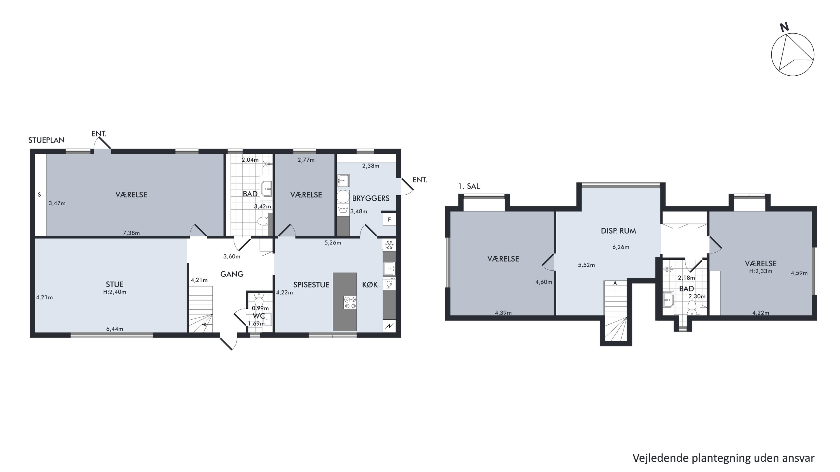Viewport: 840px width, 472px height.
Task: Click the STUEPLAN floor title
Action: pyautogui.click(x=46, y=140)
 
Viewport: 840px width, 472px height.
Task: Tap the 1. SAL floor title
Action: pyautogui.click(x=469, y=187)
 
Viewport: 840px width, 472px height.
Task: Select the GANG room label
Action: pyautogui.click(x=232, y=274)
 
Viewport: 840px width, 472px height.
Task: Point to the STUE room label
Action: pyautogui.click(x=115, y=284)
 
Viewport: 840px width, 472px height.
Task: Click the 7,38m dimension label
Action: pyautogui.click(x=131, y=233)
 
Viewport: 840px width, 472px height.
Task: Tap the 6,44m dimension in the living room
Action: pyautogui.click(x=115, y=329)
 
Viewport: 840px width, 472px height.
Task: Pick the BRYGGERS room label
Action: pyautogui.click(x=371, y=198)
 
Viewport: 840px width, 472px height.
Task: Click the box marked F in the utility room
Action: pyautogui.click(x=389, y=220)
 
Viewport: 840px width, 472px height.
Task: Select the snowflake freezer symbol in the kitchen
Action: pyautogui.click(x=389, y=245)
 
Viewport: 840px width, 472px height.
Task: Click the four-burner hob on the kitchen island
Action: pyautogui.click(x=350, y=302)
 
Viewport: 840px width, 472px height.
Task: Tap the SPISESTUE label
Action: pyautogui.click(x=311, y=285)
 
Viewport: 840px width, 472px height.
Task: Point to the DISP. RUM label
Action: pyautogui.click(x=618, y=231)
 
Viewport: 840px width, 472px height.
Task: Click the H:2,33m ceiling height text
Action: pyautogui.click(x=760, y=271)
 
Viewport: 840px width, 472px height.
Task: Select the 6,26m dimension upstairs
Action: pyautogui.click(x=621, y=247)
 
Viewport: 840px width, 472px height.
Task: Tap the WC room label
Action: pyautogui.click(x=259, y=316)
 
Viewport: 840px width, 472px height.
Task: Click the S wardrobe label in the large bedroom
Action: pyautogui.click(x=39, y=195)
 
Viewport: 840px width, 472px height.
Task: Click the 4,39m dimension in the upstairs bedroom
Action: pyautogui.click(x=503, y=313)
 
